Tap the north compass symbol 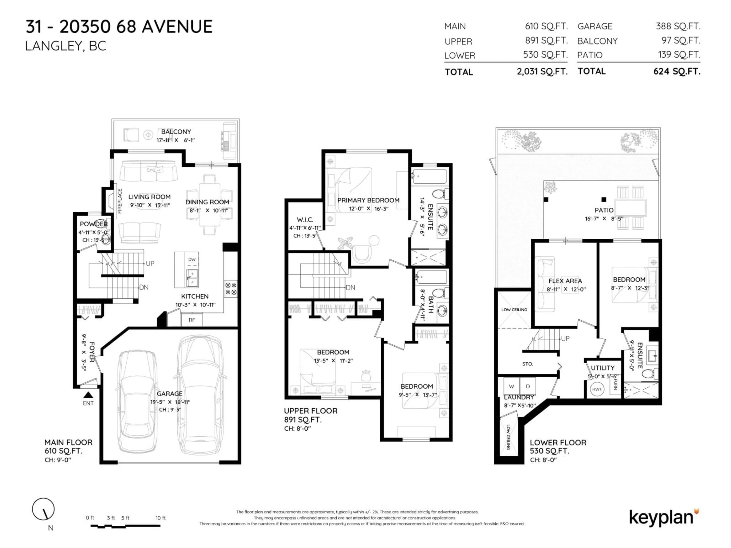click(43, 509)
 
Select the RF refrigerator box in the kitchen click(192, 320)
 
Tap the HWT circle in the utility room click(597, 389)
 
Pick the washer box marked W click(511, 386)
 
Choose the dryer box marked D click(528, 386)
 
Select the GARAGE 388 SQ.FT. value click(678, 26)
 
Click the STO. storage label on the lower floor click(528, 364)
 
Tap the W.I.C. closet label click(305, 220)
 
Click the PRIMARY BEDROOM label click(368, 200)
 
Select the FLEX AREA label click(565, 281)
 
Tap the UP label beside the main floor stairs click(150, 264)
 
